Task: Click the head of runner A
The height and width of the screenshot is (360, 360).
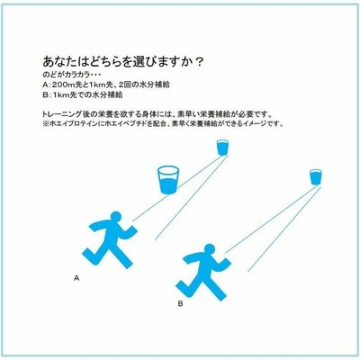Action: (x=116, y=217)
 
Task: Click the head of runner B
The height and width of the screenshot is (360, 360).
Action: (x=210, y=249)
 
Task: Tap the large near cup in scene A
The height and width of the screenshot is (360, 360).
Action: (x=168, y=180)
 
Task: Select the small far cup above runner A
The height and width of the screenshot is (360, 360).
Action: (x=222, y=148)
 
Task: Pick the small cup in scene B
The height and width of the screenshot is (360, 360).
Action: (x=316, y=177)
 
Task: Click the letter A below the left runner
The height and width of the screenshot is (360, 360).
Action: (x=76, y=278)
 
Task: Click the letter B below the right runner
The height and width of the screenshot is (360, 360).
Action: (x=180, y=303)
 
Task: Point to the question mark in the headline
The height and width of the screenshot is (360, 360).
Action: (x=198, y=62)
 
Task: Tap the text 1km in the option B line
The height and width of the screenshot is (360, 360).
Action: (x=58, y=94)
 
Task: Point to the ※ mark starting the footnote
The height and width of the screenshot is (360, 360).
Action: (x=46, y=123)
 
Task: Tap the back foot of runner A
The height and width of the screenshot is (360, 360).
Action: (x=86, y=255)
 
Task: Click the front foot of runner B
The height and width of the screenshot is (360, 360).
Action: (x=221, y=296)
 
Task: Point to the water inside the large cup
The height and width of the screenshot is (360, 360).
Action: (x=168, y=186)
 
